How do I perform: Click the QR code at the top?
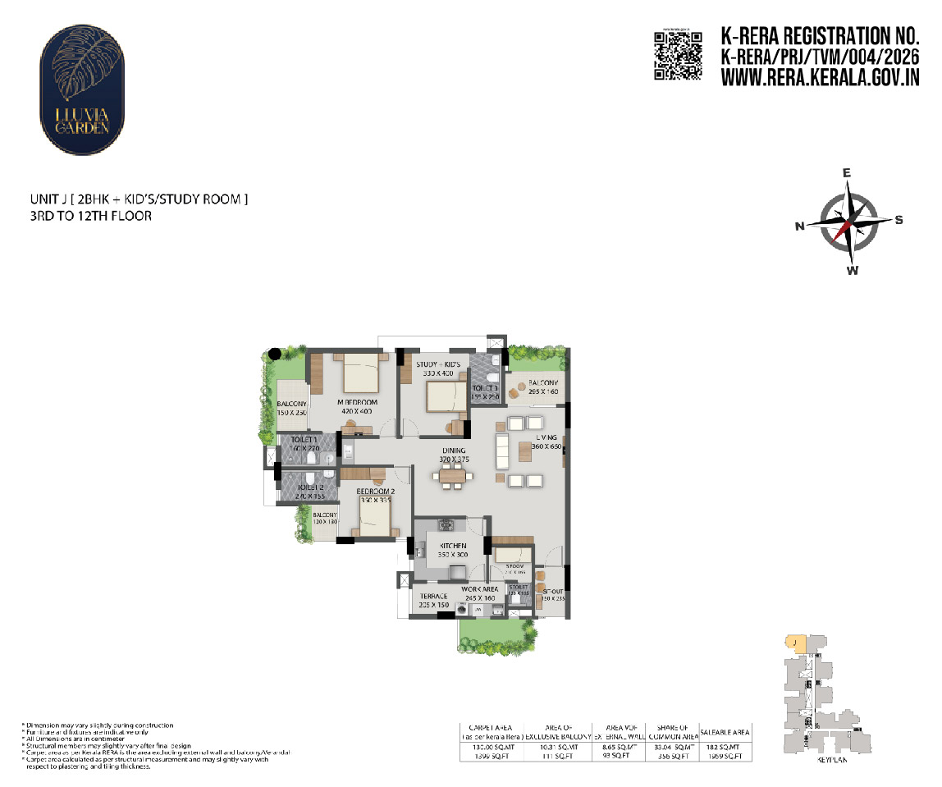tap(677, 54)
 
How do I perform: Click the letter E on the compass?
tap(847, 173)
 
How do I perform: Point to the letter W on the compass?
tap(853, 271)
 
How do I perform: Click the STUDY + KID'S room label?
tap(435, 364)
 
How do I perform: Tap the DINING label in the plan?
tap(454, 451)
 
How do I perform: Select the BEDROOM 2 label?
tap(376, 492)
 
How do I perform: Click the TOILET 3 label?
tap(484, 388)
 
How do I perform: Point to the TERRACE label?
tap(433, 597)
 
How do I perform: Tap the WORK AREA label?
tap(479, 588)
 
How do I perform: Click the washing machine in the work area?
tap(451, 611)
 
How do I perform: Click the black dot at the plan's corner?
tap(276, 354)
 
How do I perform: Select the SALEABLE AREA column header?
tap(723, 732)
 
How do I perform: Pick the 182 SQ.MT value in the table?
tap(723, 747)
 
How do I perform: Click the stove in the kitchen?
tap(445, 525)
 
